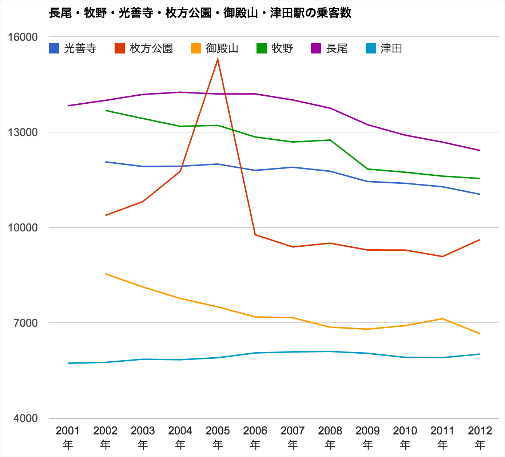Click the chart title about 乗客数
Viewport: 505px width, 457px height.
pos(200,13)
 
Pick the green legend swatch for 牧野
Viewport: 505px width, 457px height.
pos(262,48)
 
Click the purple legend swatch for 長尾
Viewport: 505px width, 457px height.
pos(316,48)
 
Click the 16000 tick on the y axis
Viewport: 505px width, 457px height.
pos(23,37)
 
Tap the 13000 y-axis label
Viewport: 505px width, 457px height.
pos(23,132)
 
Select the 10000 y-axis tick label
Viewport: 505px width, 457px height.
pos(23,227)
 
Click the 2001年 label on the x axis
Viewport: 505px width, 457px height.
pos(68,437)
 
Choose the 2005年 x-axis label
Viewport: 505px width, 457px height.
pos(218,437)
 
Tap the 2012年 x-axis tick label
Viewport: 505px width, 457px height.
pos(480,437)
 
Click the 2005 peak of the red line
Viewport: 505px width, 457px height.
pos(218,59)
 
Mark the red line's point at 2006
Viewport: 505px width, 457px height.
pos(255,235)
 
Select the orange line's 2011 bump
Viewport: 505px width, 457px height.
pos(442,319)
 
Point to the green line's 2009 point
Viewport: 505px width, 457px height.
pos(368,169)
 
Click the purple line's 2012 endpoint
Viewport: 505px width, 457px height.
pos(480,150)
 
